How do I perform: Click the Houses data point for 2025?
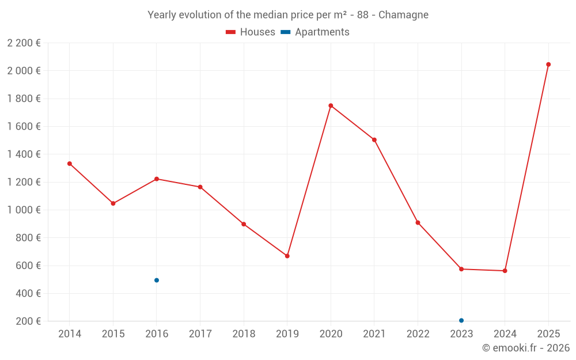coord(548,65)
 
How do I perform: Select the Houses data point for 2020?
coord(331,105)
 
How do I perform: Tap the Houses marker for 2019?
coord(287,256)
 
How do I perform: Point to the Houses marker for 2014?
coord(70,164)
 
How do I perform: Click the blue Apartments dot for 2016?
coord(157,281)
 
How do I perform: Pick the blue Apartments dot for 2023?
coord(461,320)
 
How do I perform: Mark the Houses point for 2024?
coord(505,271)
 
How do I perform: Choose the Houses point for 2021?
coord(374,140)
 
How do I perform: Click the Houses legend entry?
coord(251,32)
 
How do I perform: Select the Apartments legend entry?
coord(315,32)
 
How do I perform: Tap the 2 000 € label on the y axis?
coord(24,71)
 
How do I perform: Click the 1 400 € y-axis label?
coord(24,154)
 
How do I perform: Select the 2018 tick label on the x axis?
coord(244,334)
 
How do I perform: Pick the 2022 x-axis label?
coord(418,334)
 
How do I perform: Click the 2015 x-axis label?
coord(113,334)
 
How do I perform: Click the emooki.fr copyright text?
coord(526,348)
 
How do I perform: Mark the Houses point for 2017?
coord(200,187)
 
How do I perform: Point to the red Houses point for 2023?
coord(461,269)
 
